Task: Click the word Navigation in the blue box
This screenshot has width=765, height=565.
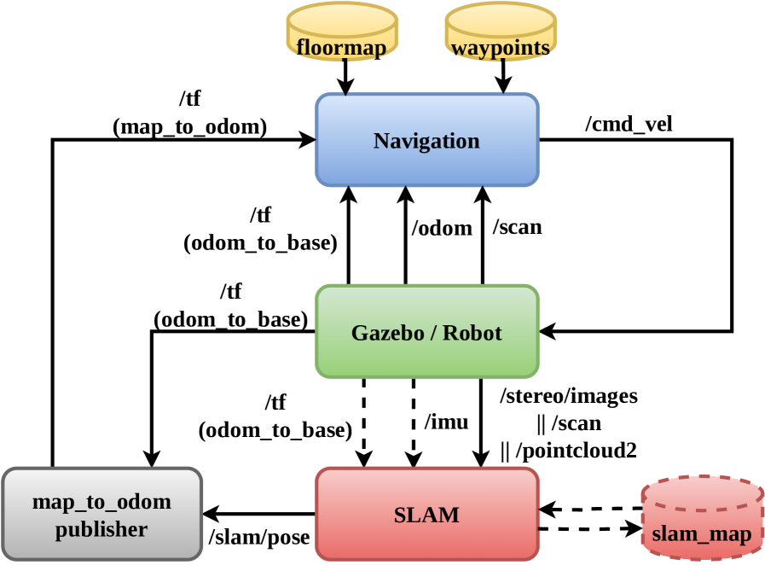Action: pyautogui.click(x=426, y=141)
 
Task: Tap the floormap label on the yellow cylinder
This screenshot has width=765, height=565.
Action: pyautogui.click(x=341, y=48)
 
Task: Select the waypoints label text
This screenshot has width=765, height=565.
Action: pyautogui.click(x=501, y=48)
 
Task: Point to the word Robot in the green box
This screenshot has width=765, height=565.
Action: pyautogui.click(x=472, y=333)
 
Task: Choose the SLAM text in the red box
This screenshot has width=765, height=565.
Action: pyautogui.click(x=426, y=515)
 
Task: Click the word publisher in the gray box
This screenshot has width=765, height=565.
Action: pyautogui.click(x=101, y=529)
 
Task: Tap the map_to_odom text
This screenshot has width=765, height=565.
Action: pyautogui.click(x=101, y=502)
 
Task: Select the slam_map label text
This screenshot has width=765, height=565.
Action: pyautogui.click(x=702, y=534)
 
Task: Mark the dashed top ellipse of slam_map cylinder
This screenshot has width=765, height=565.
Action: pyautogui.click(x=702, y=493)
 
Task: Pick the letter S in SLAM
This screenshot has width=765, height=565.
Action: pyautogui.click(x=399, y=515)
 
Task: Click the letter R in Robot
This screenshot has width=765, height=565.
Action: pyautogui.click(x=449, y=333)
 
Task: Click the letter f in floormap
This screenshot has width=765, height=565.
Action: pyautogui.click(x=300, y=48)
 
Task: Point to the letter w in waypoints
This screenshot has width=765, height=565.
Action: pyautogui.click(x=458, y=49)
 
